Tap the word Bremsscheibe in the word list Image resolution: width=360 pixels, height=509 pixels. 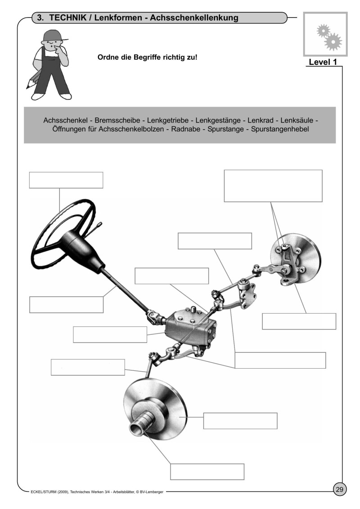click(115, 121)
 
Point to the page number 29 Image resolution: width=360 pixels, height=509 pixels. click(340, 489)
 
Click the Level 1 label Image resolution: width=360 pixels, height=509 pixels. click(323, 62)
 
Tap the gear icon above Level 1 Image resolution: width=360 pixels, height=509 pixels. click(328, 36)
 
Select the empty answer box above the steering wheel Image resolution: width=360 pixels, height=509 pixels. click(66, 180)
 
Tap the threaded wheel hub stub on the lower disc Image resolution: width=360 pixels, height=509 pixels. click(141, 425)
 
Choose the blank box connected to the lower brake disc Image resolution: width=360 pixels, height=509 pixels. click(240, 420)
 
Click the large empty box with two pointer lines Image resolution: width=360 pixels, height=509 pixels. click(273, 185)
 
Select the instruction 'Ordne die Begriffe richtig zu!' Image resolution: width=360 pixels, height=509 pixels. click(147, 58)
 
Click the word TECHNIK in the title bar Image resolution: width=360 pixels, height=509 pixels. click(70, 18)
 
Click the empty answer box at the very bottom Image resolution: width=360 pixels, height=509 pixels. click(207, 472)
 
